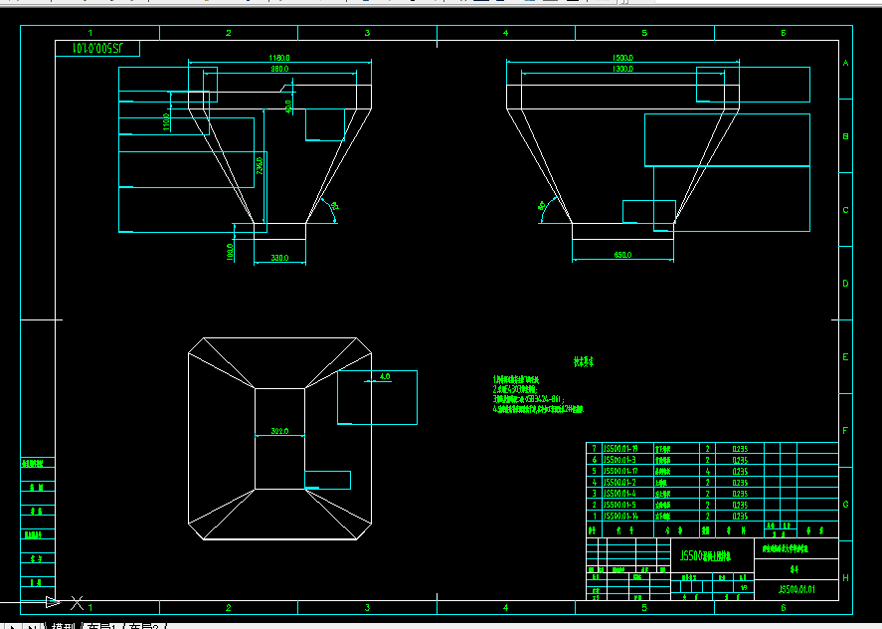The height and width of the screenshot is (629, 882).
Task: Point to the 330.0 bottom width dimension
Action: [x=280, y=259]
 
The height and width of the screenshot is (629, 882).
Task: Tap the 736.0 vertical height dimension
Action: [x=260, y=165]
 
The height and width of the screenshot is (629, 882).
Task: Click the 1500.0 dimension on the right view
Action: [x=623, y=59]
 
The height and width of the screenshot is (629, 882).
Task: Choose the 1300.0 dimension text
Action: [x=623, y=70]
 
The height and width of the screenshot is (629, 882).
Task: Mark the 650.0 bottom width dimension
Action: [x=623, y=256]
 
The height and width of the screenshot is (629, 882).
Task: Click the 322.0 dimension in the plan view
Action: [x=279, y=431]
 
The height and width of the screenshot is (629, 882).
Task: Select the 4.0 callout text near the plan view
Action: [x=385, y=377]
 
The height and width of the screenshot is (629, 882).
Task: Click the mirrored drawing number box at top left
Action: [x=96, y=48]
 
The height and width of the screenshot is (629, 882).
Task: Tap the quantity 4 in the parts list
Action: [x=707, y=472]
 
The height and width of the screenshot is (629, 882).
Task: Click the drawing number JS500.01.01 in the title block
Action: [x=795, y=589]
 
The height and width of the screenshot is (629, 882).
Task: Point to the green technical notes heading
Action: [x=583, y=362]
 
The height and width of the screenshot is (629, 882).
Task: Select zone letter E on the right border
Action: [x=845, y=357]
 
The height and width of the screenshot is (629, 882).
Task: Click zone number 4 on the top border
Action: [x=505, y=33]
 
